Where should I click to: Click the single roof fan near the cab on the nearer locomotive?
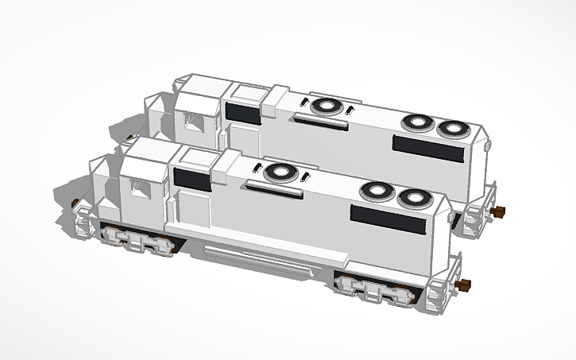coord(278,172)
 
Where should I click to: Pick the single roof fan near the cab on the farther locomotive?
coord(326,106)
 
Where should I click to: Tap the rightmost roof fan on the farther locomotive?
coord(454,128)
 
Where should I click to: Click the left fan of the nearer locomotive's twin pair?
coord(376,192)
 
